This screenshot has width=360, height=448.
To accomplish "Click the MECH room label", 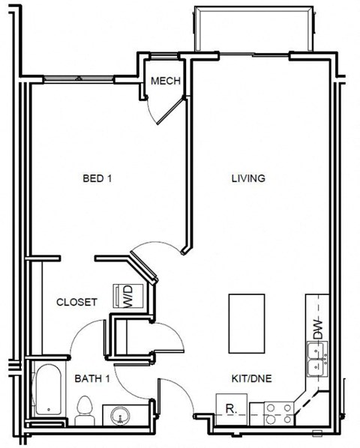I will coord(165,81).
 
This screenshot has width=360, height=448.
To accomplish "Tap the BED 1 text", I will coord(97,178).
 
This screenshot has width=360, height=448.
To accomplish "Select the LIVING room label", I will coord(247,178).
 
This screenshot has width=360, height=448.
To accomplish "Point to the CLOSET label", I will coord(76,302).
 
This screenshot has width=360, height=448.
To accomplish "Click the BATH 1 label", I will coord(92,379).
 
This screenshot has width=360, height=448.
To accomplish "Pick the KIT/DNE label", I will coord(252,379).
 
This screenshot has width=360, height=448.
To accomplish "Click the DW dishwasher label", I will coord(317,327).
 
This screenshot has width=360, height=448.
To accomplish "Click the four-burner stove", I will coord(279,414).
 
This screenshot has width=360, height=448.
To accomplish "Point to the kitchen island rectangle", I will coord(246,323).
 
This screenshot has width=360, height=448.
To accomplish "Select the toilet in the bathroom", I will coord(84,411).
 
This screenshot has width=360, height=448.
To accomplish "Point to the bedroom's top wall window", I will coord(78,78).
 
